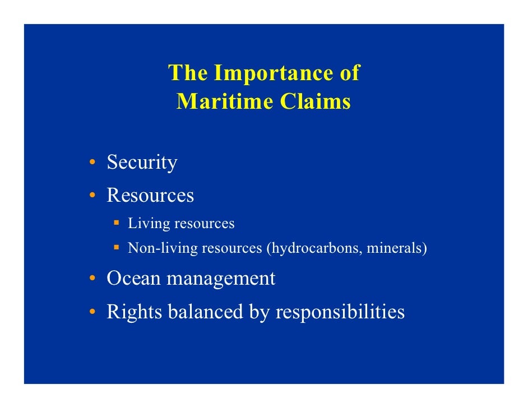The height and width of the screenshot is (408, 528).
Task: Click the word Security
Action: [x=142, y=163]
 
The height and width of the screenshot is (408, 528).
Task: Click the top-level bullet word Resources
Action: [x=150, y=196]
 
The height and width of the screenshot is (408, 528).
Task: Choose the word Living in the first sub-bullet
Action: [x=149, y=224]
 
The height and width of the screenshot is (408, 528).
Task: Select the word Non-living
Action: [x=162, y=248]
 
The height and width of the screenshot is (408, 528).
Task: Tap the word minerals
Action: [x=393, y=248]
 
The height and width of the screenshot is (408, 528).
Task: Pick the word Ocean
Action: [x=134, y=279]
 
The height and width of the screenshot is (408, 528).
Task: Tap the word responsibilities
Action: [x=340, y=312]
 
